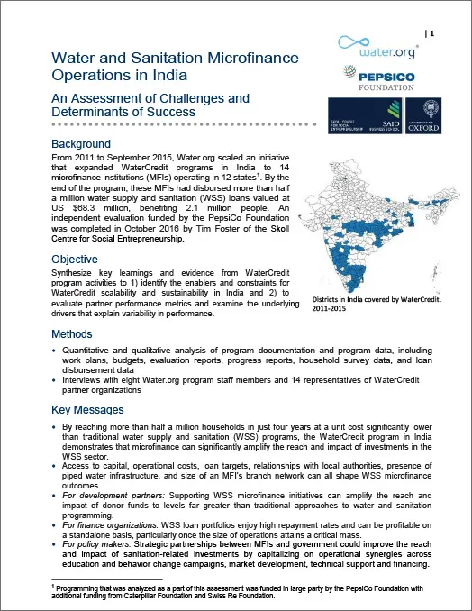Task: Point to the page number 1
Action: (x=431, y=33)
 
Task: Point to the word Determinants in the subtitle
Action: (x=94, y=113)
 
